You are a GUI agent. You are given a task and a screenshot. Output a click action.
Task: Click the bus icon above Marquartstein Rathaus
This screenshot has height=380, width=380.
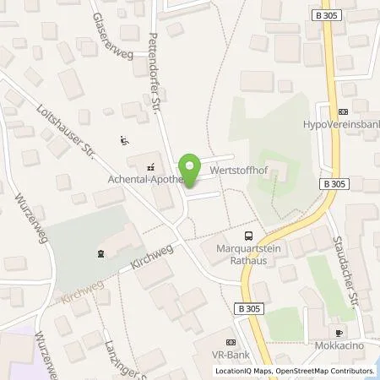(248, 236)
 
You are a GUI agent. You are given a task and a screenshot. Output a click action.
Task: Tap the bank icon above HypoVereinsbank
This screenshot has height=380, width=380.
(342, 111)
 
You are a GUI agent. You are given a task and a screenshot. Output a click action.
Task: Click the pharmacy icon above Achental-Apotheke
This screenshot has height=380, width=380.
(150, 166)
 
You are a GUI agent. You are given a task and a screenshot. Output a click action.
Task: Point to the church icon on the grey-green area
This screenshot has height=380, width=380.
(101, 252)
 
